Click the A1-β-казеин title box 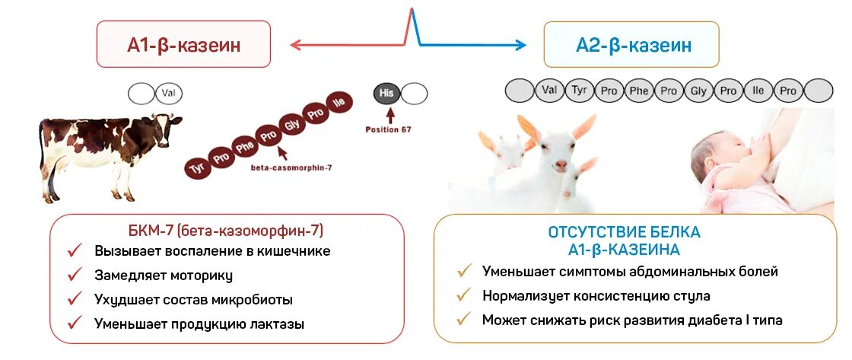pyautogui.click(x=184, y=45)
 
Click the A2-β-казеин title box pyautogui.click(x=632, y=45)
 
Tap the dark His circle pyautogui.click(x=387, y=94)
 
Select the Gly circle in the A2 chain pyautogui.click(x=698, y=91)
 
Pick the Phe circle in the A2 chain pyautogui.click(x=638, y=91)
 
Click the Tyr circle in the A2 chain pyautogui.click(x=580, y=91)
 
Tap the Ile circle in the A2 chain pyautogui.click(x=758, y=91)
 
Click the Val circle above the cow pyautogui.click(x=169, y=94)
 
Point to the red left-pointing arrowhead pyautogui.click(x=295, y=45)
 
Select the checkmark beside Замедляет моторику pyautogui.click(x=75, y=275)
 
